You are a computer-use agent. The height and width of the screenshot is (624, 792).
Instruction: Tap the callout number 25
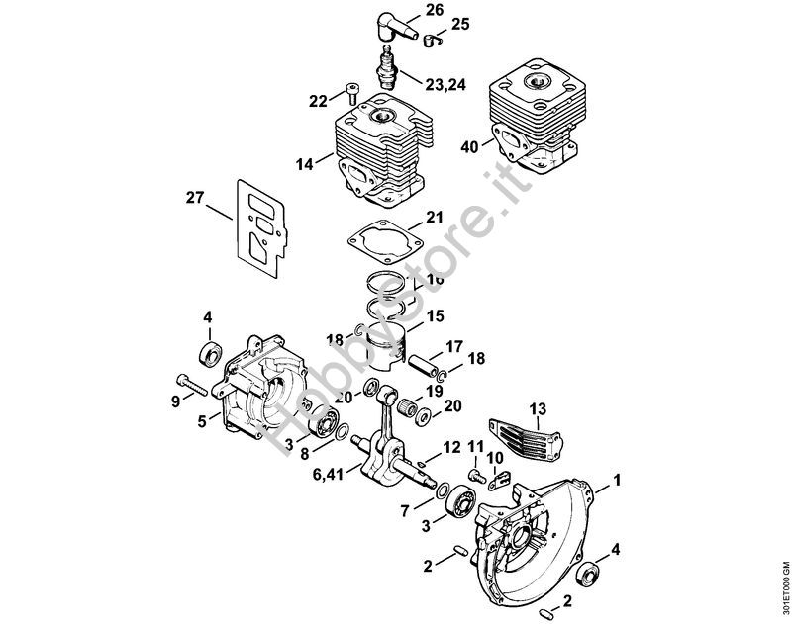[460, 22]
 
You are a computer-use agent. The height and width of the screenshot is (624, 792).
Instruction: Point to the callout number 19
[435, 391]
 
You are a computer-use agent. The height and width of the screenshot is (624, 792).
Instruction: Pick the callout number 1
[619, 482]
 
